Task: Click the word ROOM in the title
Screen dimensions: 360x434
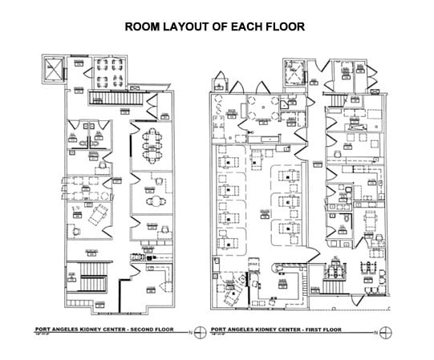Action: click(146, 26)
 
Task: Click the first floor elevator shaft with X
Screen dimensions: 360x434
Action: click(296, 74)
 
